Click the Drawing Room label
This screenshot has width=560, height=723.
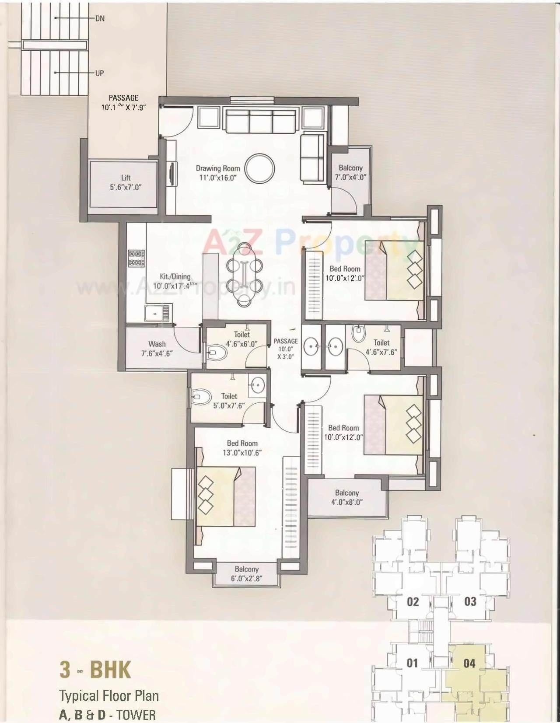[217, 168]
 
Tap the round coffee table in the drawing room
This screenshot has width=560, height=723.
[260, 168]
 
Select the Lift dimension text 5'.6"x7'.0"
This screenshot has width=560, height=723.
[126, 187]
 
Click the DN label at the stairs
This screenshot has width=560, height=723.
[100, 19]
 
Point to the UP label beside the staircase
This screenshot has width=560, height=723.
[99, 73]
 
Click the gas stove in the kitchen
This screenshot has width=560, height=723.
[136, 258]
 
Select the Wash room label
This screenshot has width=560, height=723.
[157, 344]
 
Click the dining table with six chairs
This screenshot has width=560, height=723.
[242, 275]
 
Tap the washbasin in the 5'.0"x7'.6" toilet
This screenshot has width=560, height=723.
[257, 385]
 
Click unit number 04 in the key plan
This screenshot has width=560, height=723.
[469, 664]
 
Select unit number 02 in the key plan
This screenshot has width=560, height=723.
[413, 602]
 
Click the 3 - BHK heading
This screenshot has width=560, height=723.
[95, 670]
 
